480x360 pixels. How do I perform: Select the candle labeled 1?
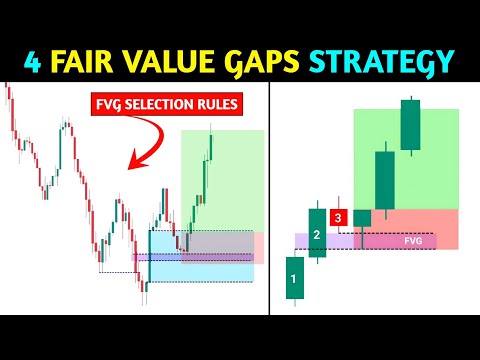point(293,279)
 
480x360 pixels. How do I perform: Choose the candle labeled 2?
point(317,233)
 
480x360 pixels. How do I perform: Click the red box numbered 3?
point(339,216)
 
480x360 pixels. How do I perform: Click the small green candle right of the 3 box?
point(361,216)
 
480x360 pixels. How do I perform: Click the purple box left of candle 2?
point(301,241)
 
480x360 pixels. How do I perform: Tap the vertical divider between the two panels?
point(274,200)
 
